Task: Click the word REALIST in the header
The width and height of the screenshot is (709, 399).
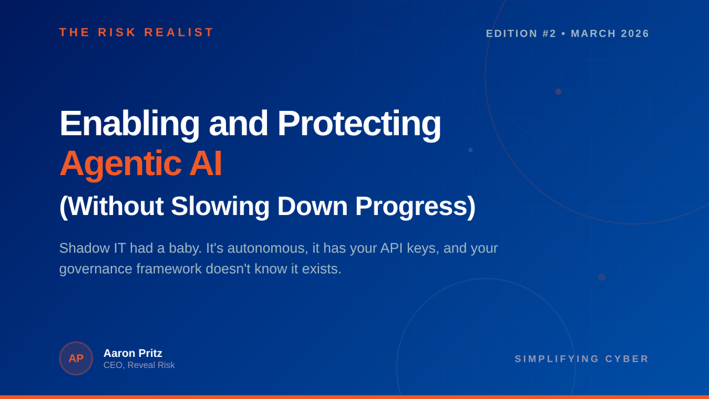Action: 179,32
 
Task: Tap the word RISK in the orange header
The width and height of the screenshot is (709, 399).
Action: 117,32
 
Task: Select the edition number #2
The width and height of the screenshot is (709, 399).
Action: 549,34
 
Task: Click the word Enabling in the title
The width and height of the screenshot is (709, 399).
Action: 130,124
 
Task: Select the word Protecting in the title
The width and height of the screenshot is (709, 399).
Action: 359,124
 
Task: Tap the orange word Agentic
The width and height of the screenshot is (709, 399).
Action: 121,165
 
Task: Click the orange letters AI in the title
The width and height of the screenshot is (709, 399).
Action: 205,163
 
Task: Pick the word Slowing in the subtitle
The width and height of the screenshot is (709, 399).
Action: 220,207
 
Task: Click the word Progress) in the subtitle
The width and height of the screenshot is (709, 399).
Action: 415,207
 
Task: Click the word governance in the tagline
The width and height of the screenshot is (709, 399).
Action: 96,269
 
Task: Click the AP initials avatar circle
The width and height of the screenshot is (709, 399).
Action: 76,359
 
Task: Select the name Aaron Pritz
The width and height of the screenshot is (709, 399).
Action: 133,353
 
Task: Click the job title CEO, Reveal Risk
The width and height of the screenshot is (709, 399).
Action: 139,365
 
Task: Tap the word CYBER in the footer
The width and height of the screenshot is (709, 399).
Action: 627,359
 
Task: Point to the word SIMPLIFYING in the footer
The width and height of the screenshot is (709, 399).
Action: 557,359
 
